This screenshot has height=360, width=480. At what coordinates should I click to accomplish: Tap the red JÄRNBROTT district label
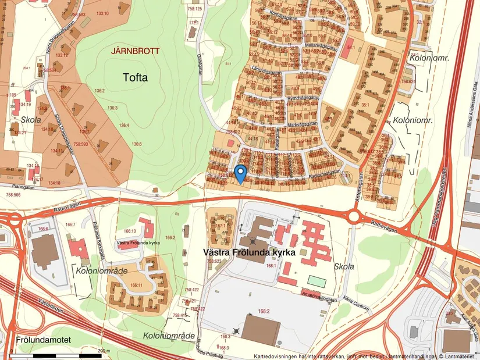coord(134,51)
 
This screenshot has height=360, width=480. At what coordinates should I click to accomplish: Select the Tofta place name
coord(136,77)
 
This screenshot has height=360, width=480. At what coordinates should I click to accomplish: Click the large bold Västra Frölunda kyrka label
coord(250,253)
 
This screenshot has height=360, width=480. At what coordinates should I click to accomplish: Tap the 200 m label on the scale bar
coord(104,351)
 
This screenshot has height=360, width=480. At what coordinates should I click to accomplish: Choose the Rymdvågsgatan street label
coord(303,99)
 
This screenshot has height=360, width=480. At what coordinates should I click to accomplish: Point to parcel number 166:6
coord(42,229)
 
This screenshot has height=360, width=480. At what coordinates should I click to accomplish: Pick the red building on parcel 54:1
coord(347,51)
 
